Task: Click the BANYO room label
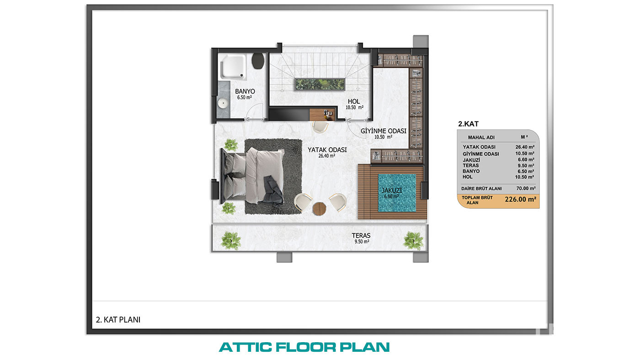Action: click(245, 91)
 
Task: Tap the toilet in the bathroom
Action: click(258, 61)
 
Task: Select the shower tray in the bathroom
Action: click(233, 67)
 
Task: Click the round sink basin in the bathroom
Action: click(223, 103)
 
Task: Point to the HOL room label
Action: click(354, 101)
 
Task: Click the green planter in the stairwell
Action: click(320, 84)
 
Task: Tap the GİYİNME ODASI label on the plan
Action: click(384, 131)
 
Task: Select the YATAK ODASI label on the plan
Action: click(327, 150)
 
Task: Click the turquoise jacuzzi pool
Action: click(397, 193)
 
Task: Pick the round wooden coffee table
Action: click(319, 209)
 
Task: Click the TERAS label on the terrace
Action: click(361, 236)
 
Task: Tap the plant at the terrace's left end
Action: click(231, 240)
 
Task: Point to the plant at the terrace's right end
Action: click(413, 240)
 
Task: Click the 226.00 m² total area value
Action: click(520, 199)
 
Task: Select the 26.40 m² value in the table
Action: click(525, 147)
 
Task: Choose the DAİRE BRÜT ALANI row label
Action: click(481, 188)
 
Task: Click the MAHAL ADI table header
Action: click(481, 138)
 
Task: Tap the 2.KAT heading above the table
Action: click(468, 124)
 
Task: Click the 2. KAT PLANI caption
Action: click(118, 320)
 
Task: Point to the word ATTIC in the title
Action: click(245, 347)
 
